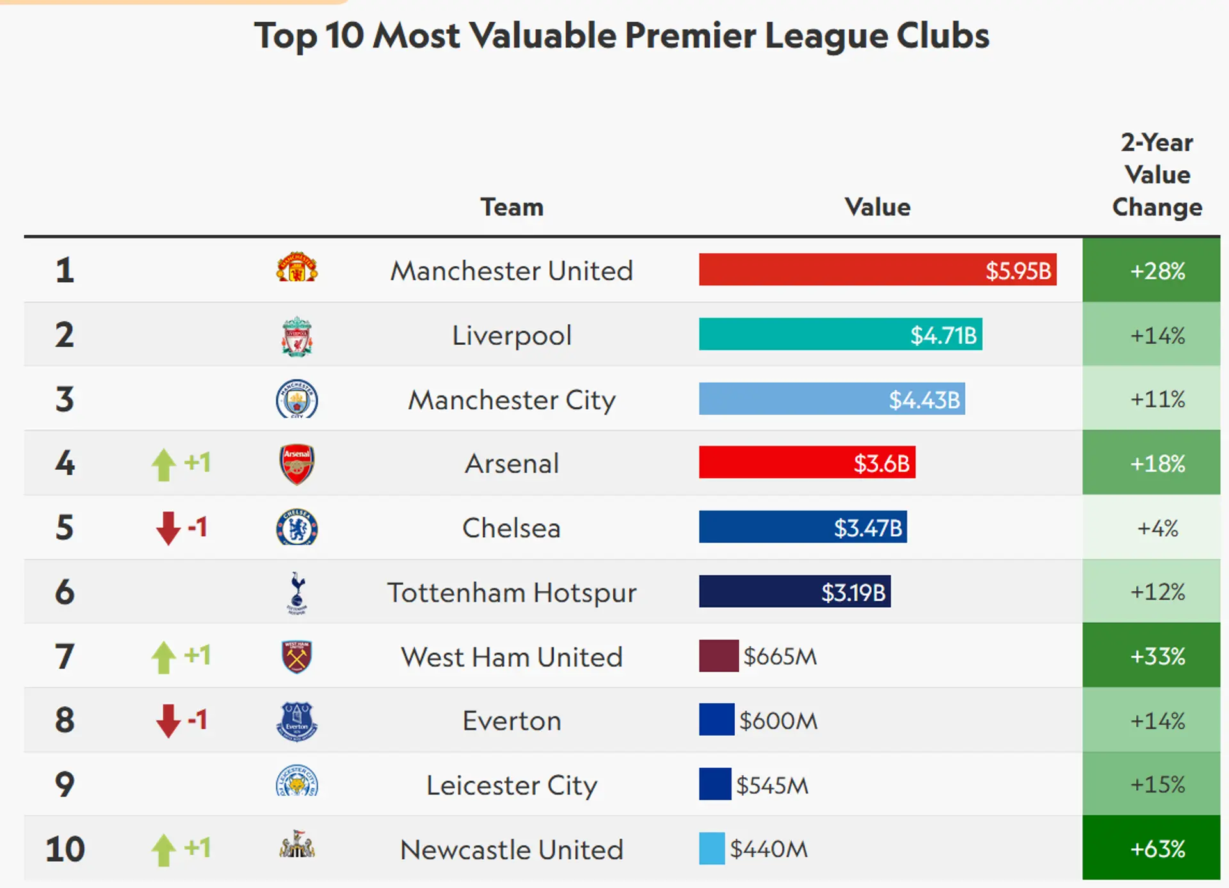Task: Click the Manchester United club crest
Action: click(296, 269)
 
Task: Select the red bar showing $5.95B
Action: click(877, 270)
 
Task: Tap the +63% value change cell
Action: click(1157, 849)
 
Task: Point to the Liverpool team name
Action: click(511, 335)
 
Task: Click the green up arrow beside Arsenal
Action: click(164, 464)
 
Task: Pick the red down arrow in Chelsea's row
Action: click(168, 528)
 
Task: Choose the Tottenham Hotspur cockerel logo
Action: click(296, 592)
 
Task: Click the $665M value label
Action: click(780, 656)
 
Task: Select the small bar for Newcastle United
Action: click(711, 849)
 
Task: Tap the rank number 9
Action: click(64, 784)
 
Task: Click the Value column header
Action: click(877, 207)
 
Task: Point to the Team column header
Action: click(511, 207)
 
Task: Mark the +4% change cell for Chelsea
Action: click(1157, 528)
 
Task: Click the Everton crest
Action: click(296, 721)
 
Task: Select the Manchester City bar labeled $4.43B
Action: click(831, 399)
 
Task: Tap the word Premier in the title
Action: click(690, 36)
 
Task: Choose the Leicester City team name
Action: click(511, 785)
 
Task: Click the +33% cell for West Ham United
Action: click(1157, 656)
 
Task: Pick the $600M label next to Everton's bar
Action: click(778, 721)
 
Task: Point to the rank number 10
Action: click(65, 849)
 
